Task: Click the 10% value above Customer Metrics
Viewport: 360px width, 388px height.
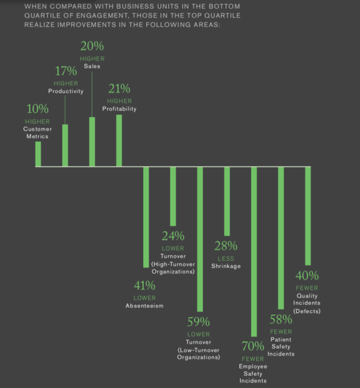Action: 37,109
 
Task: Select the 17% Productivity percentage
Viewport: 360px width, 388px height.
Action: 65,71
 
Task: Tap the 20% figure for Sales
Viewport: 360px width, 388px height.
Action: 92,46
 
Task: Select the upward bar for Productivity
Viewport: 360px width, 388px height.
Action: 65,145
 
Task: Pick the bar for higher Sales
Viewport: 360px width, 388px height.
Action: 92,141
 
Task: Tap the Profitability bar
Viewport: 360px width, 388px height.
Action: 119,140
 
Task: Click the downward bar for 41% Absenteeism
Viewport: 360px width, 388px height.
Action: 146,217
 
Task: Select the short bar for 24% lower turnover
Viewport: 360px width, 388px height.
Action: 173,196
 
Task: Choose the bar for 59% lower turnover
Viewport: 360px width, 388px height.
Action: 200,239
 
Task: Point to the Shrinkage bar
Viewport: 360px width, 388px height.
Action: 227,201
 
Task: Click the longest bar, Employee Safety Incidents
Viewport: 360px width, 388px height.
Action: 254,251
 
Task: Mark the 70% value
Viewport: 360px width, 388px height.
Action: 252,346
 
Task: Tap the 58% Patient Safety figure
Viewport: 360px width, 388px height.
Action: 281,320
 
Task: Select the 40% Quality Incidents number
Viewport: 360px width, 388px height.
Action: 307,276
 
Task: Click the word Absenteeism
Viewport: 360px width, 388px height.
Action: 144,306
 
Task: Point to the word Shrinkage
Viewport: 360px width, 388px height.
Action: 225,266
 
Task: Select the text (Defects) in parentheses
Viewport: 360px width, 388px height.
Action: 307,311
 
